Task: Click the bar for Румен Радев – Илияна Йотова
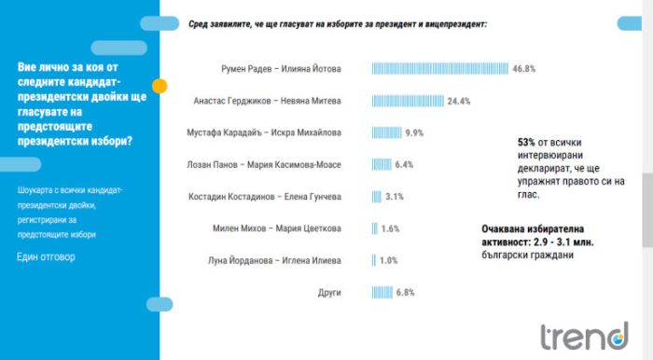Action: pyautogui.click(x=439, y=69)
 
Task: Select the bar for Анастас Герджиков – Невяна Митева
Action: pyautogui.click(x=408, y=101)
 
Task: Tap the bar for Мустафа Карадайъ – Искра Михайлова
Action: pyautogui.click(x=386, y=132)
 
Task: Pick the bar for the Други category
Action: pyautogui.click(x=382, y=293)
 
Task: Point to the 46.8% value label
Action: pyautogui.click(x=524, y=69)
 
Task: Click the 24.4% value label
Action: pyautogui.click(x=459, y=101)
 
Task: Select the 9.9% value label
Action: pyautogui.click(x=414, y=132)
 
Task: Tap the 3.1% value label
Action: pyautogui.click(x=395, y=197)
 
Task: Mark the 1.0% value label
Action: pyautogui.click(x=389, y=260)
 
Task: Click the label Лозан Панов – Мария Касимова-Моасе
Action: pyautogui.click(x=264, y=165)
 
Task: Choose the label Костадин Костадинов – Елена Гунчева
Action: pyautogui.click(x=265, y=197)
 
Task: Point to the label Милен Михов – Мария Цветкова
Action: pyautogui.click(x=277, y=228)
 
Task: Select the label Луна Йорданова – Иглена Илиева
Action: pyautogui.click(x=274, y=260)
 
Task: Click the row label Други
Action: pyautogui.click(x=329, y=293)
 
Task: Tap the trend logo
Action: pyautogui.click(x=585, y=336)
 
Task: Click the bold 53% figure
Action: pyautogui.click(x=526, y=143)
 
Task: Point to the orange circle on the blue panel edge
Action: pyautogui.click(x=160, y=86)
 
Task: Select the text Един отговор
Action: pyautogui.click(x=46, y=256)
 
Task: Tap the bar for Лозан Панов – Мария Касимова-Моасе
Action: pyautogui.click(x=382, y=165)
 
